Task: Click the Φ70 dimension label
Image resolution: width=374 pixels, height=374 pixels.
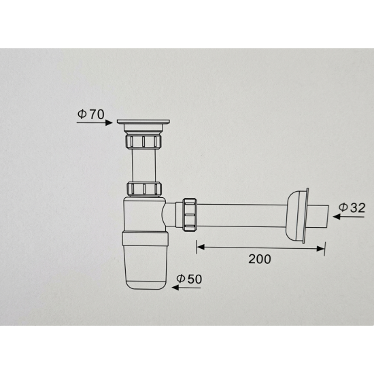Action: (x=90, y=114)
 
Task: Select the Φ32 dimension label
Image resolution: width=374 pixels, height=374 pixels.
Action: (x=352, y=207)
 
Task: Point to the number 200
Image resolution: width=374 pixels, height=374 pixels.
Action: (x=260, y=259)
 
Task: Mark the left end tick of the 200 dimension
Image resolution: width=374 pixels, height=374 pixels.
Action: (x=197, y=245)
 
